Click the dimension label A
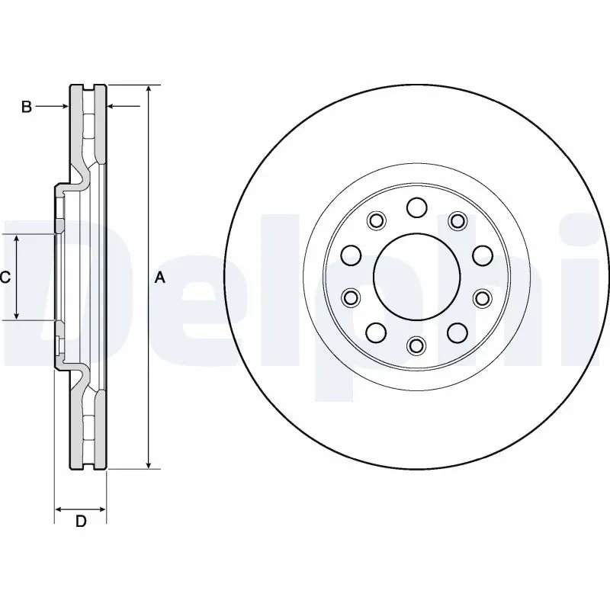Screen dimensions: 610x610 (160, 278)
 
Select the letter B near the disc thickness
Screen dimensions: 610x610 (26, 108)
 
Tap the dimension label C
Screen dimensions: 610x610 (5, 278)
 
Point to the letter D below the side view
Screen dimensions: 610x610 (81, 522)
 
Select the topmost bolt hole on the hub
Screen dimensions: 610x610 (416, 207)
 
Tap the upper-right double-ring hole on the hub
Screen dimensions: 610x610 (457, 221)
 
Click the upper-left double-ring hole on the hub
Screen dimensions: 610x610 (374, 221)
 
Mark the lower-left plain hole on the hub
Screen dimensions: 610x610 (374, 332)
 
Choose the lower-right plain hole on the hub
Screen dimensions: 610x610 (457, 332)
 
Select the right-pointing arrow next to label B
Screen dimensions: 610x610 (64, 107)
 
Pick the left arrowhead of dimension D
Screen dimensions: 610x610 (60, 508)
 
